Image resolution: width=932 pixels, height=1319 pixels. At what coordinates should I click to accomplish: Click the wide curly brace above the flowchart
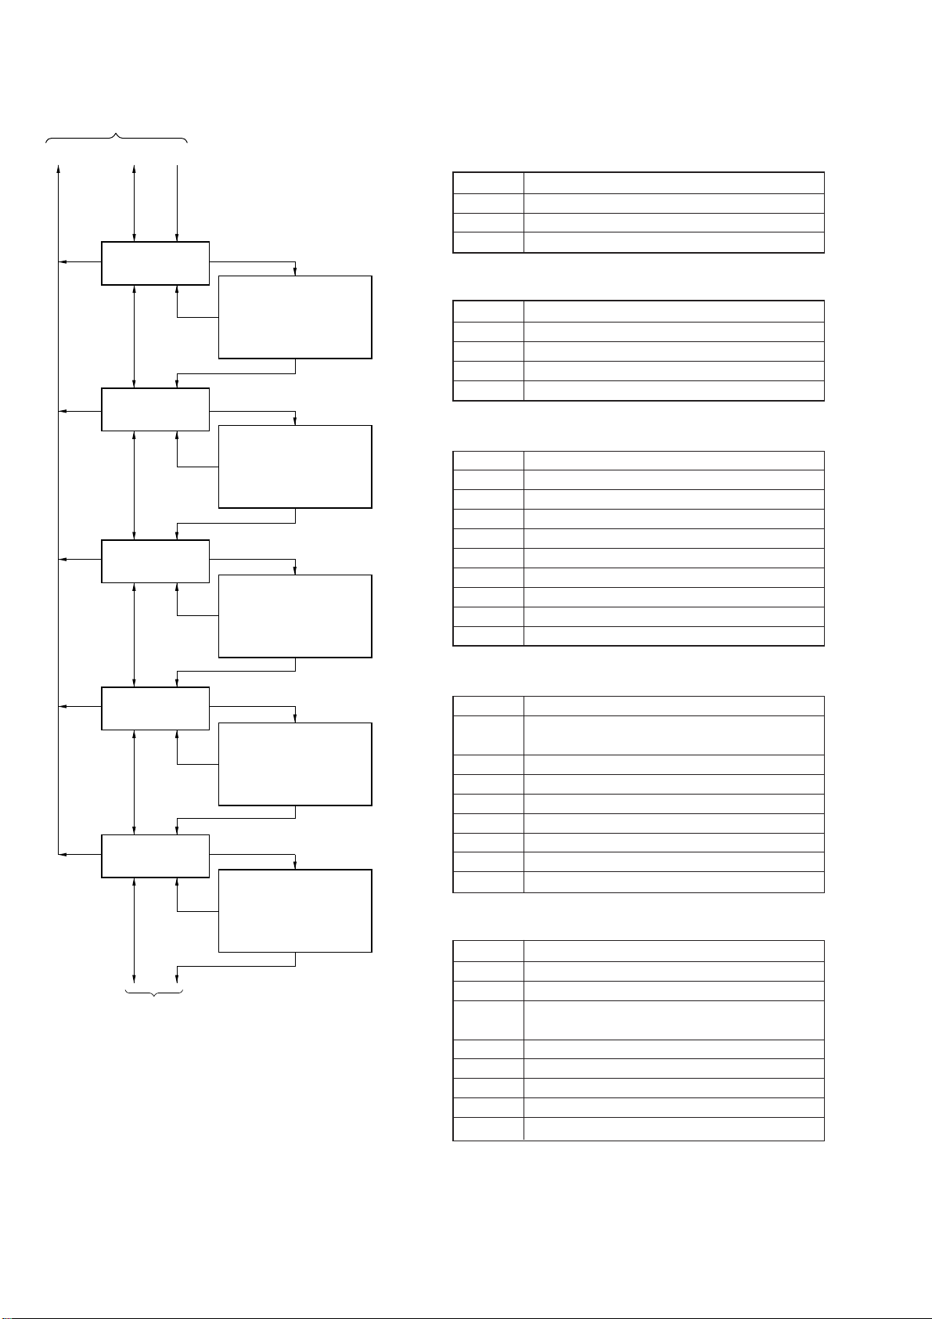(x=117, y=139)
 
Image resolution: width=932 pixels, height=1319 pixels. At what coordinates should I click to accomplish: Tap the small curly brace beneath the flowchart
(x=154, y=993)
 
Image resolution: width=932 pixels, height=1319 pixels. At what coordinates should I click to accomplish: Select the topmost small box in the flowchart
(x=156, y=263)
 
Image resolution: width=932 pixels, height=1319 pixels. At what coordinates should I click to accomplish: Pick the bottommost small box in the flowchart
(x=156, y=856)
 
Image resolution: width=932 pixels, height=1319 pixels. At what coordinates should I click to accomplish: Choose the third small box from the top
(x=156, y=561)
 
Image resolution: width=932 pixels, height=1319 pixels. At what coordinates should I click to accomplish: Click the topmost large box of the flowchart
(x=295, y=317)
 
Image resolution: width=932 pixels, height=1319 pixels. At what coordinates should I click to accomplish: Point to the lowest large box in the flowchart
(x=295, y=910)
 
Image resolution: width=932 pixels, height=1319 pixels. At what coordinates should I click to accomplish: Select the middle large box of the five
(x=295, y=616)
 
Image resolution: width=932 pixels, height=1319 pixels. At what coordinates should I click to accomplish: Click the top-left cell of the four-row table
(x=488, y=183)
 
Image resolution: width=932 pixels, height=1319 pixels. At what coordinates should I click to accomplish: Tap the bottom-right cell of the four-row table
(x=673, y=243)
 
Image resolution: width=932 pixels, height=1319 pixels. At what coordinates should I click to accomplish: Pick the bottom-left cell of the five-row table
(x=488, y=391)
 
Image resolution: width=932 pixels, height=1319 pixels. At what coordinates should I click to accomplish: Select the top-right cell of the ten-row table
(x=673, y=460)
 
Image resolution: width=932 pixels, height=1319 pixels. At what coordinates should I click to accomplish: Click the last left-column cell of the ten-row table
(x=488, y=636)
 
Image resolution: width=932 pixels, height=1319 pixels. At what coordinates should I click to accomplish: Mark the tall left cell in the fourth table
(x=488, y=735)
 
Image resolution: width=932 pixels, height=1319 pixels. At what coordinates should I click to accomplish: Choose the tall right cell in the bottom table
(x=673, y=1020)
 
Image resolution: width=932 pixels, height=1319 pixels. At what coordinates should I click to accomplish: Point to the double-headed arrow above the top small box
(x=135, y=204)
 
